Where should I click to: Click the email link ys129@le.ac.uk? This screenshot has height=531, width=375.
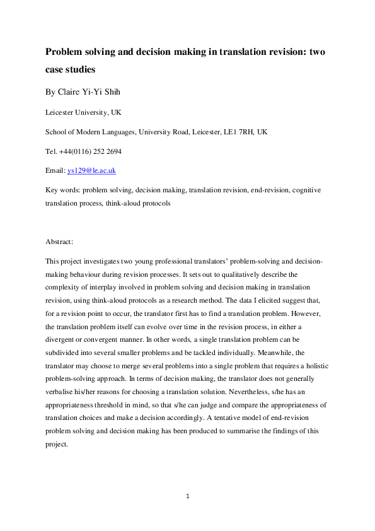click(91, 170)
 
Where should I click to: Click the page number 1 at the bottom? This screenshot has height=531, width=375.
click(187, 496)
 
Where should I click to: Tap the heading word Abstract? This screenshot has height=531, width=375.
click(59, 242)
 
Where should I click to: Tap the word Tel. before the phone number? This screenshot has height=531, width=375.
click(52, 151)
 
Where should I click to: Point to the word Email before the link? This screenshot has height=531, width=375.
click(55, 170)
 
